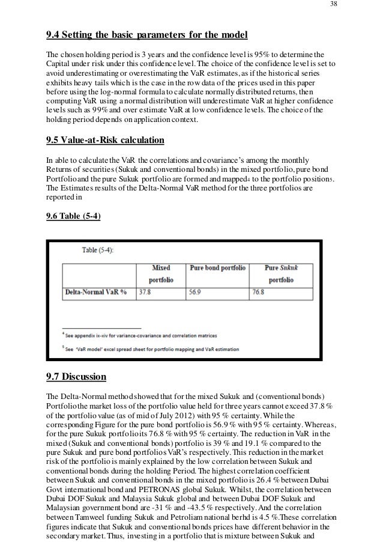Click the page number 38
pos(334,6)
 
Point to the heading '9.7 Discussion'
pos(76,377)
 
